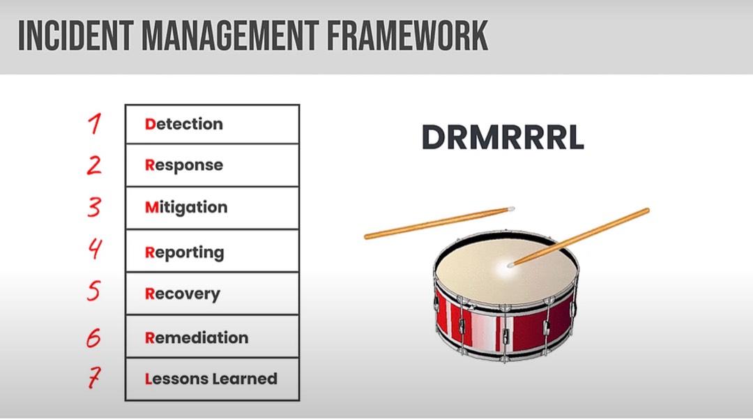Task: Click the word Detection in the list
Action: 184,124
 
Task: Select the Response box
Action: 212,165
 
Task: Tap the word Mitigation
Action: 186,207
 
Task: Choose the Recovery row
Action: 212,294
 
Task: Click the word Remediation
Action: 197,337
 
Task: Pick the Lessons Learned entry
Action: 212,379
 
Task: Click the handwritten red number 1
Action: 95,123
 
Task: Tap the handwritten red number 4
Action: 95,249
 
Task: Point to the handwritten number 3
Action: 94,207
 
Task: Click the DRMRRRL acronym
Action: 503,137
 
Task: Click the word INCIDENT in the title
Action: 75,36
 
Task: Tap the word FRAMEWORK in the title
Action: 407,36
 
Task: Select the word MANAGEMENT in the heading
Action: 230,36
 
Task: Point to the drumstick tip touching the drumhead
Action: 510,264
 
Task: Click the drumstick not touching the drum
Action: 439,222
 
